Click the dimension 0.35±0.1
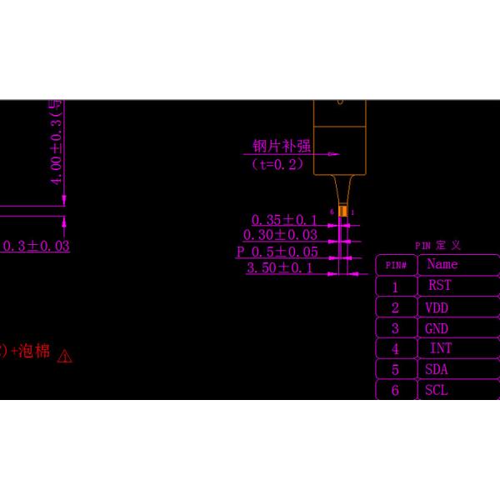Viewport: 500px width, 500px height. coord(284,220)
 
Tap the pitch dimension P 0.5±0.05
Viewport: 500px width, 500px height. coord(277,252)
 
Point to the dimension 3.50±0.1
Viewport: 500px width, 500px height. coord(279,267)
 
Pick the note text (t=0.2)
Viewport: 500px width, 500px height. coord(278,164)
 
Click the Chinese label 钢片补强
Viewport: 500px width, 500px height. coord(282,146)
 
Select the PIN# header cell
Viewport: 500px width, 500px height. coord(396,266)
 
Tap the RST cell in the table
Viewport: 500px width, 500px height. coord(439,285)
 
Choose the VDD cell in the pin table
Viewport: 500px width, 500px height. coord(437,307)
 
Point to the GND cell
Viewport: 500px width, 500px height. coord(437,328)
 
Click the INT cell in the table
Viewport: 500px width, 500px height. coord(441,348)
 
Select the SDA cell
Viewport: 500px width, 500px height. coord(437,369)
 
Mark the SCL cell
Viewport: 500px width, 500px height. coord(437,390)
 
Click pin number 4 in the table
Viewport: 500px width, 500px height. coord(395,349)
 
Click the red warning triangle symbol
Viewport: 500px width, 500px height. coord(65,356)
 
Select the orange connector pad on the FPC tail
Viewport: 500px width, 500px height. coord(342,212)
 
